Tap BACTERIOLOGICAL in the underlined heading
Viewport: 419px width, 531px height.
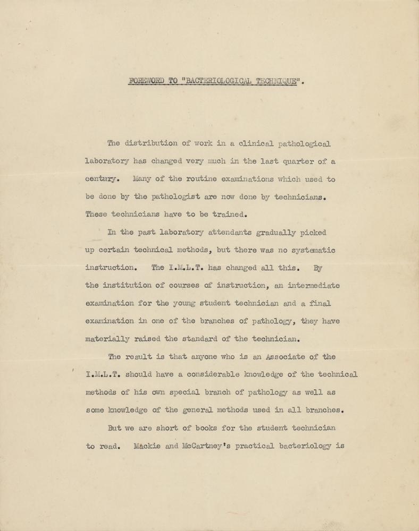217,82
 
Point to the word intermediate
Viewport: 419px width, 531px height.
314,286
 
